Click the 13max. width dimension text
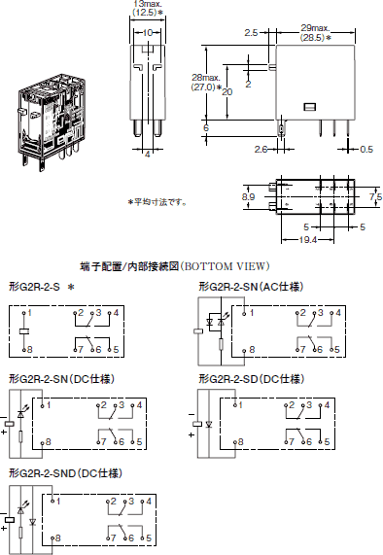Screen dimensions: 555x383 click(x=145, y=6)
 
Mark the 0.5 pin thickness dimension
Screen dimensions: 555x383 click(x=366, y=149)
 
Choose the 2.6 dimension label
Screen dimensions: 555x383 click(x=261, y=149)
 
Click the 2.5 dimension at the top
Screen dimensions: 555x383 click(x=251, y=32)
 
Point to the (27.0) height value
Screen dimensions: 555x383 click(x=206, y=88)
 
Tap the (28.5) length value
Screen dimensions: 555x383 click(x=313, y=38)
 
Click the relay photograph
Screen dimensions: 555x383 click(x=46, y=117)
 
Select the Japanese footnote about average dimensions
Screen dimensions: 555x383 click(x=158, y=202)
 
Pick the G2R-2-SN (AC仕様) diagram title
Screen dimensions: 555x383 click(x=252, y=288)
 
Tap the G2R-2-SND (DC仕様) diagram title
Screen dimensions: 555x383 click(x=65, y=472)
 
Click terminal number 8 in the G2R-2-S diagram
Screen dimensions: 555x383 click(x=29, y=348)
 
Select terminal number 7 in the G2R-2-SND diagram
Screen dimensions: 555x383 click(x=113, y=537)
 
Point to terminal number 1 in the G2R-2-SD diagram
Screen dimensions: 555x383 click(x=236, y=404)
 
